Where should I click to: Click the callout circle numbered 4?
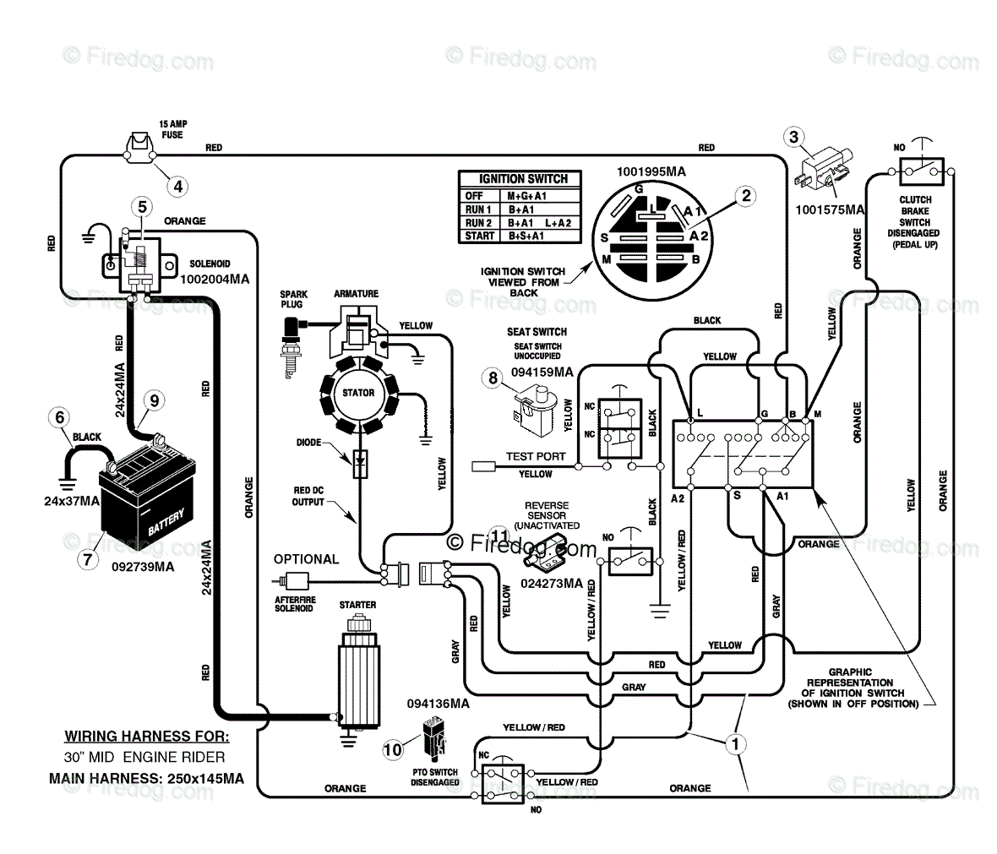[178, 187]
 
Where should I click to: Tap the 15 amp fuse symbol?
[140, 149]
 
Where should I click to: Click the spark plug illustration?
[291, 345]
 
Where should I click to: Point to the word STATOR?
[358, 393]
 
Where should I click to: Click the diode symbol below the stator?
[360, 464]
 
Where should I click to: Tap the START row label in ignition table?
[479, 236]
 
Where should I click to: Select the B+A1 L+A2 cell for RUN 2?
[539, 222]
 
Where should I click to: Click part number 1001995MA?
[651, 171]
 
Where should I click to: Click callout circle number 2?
[746, 196]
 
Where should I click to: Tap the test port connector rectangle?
[484, 467]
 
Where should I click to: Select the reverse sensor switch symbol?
[631, 559]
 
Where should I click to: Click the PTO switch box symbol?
[503, 783]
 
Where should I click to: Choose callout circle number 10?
[392, 750]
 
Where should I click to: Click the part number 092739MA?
[143, 567]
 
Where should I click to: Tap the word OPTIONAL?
[307, 559]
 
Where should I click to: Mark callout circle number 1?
[736, 744]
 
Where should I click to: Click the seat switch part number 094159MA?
[542, 372]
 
